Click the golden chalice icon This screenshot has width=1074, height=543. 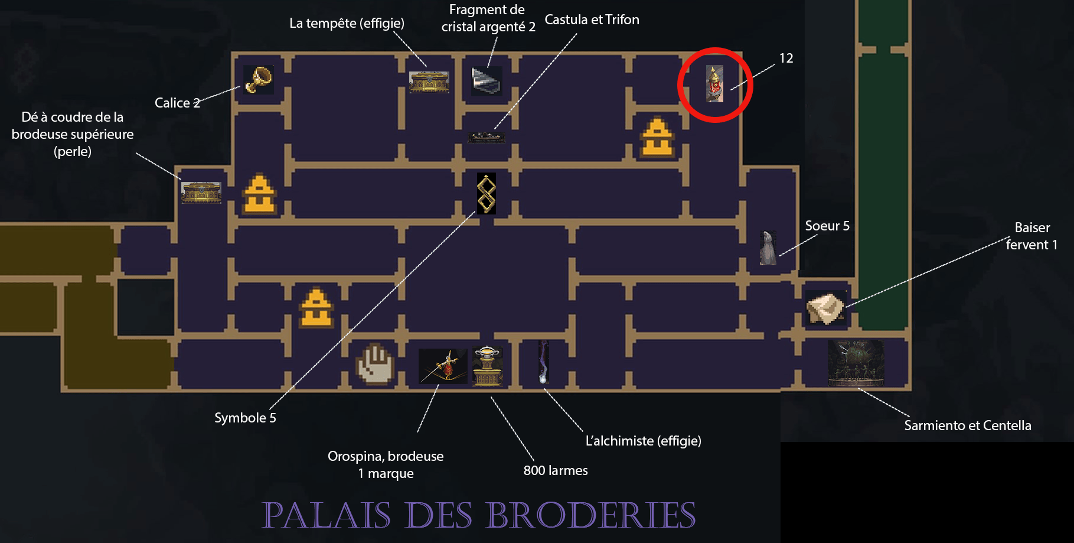click(259, 80)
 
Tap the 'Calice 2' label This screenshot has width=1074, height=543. click(177, 103)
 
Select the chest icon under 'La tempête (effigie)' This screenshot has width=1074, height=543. click(429, 82)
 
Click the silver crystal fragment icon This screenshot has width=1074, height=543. click(487, 81)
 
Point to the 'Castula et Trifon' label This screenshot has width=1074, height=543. click(592, 19)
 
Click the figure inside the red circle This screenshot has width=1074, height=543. click(714, 84)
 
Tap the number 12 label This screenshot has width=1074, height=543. click(786, 58)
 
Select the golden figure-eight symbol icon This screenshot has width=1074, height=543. click(486, 193)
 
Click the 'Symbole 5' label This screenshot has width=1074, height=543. click(245, 418)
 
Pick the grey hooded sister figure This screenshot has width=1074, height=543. click(768, 248)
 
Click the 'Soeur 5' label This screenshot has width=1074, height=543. click(827, 226)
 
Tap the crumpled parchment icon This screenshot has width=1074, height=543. click(826, 308)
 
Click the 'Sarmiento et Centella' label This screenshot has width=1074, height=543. click(968, 425)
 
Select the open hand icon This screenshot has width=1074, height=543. click(375, 364)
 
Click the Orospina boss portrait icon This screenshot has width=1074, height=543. click(443, 366)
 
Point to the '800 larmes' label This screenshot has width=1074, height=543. click(556, 470)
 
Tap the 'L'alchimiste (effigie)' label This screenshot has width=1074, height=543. click(644, 441)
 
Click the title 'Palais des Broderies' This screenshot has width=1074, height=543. click(479, 515)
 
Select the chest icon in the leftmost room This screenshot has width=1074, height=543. click(201, 193)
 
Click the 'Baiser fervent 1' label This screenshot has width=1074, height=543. click(1032, 236)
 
